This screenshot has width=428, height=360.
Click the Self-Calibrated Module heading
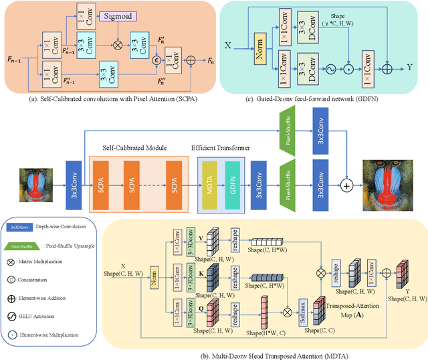(x=131, y=148)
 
